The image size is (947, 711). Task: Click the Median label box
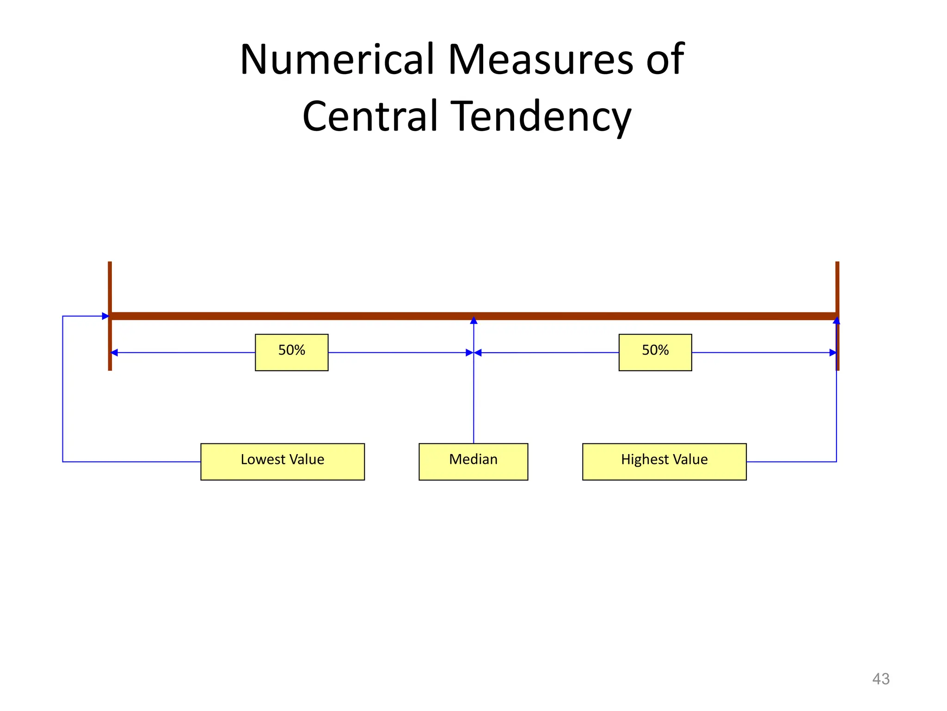click(473, 462)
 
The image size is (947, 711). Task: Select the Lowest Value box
click(282, 462)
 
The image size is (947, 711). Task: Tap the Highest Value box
click(664, 462)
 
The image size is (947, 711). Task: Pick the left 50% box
click(291, 352)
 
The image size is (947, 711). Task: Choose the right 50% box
click(655, 352)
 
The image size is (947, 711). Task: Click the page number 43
click(880, 679)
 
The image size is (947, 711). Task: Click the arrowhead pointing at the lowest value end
click(105, 316)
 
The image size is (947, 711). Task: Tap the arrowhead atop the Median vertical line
click(473, 320)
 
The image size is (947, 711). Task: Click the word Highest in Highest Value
click(640, 459)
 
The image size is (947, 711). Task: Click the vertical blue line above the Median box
click(473, 398)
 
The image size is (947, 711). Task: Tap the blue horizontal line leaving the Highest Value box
click(791, 462)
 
